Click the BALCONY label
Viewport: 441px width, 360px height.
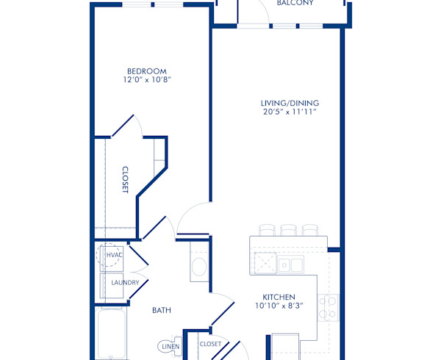coord(295,3)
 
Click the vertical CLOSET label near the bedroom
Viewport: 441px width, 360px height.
coord(125,179)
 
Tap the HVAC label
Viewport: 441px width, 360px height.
coord(114,256)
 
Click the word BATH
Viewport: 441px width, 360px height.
coord(162,310)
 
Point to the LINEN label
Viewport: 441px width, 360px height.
coord(170,346)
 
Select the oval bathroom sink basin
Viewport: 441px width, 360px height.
coord(198,267)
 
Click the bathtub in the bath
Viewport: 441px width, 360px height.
coord(110,334)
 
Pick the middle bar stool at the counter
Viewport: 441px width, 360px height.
coord(288,230)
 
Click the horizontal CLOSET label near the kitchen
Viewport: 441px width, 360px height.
coord(210,344)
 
